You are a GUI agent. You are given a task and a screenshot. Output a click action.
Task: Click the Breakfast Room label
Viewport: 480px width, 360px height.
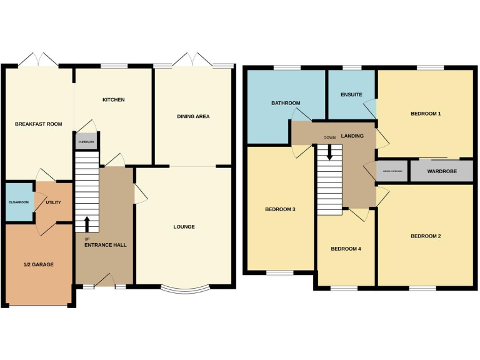click(x=39, y=124)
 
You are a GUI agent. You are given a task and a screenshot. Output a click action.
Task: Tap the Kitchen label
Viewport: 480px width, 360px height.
click(x=114, y=100)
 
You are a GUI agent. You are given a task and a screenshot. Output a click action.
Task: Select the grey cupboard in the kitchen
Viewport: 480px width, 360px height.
click(x=86, y=142)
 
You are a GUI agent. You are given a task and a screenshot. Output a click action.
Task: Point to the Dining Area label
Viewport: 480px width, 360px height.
click(x=193, y=116)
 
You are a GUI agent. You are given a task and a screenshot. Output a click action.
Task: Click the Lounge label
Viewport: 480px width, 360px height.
click(x=184, y=227)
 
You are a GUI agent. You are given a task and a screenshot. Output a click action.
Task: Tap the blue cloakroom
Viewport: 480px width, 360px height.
click(x=19, y=202)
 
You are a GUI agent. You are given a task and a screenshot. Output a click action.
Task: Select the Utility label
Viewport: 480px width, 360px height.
click(x=53, y=202)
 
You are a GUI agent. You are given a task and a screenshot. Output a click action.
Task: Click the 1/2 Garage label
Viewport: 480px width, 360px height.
click(x=39, y=264)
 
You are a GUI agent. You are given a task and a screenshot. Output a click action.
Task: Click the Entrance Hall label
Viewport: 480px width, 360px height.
click(x=106, y=245)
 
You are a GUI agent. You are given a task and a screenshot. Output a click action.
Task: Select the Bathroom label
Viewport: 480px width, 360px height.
click(x=286, y=103)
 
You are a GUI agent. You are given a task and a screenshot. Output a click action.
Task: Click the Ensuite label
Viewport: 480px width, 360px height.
click(x=351, y=95)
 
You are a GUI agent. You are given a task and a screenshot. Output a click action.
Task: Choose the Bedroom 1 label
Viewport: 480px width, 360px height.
click(x=426, y=114)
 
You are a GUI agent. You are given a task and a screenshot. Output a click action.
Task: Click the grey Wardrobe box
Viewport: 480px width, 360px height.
click(x=441, y=171)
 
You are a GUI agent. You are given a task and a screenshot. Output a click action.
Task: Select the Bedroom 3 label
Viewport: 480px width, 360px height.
click(x=280, y=209)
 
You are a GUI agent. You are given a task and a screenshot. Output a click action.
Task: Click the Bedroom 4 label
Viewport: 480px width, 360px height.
click(x=346, y=249)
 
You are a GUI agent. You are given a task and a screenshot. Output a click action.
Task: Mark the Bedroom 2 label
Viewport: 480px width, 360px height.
click(x=426, y=236)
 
